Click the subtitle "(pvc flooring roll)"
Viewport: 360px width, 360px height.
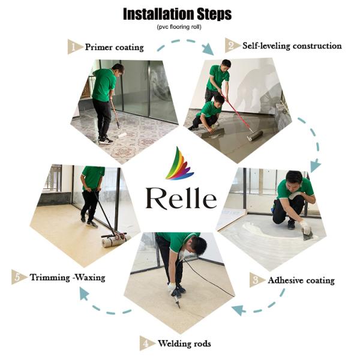point(179,28)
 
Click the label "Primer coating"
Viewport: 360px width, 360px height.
point(114,47)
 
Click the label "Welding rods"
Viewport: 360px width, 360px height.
point(184,344)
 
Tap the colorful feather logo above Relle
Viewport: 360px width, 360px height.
point(179,164)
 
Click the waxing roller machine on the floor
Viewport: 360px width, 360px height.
point(114,240)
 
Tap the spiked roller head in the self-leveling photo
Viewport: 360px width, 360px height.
point(254,137)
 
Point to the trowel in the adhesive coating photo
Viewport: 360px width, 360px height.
point(309,235)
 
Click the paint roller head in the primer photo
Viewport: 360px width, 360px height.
point(122,136)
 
